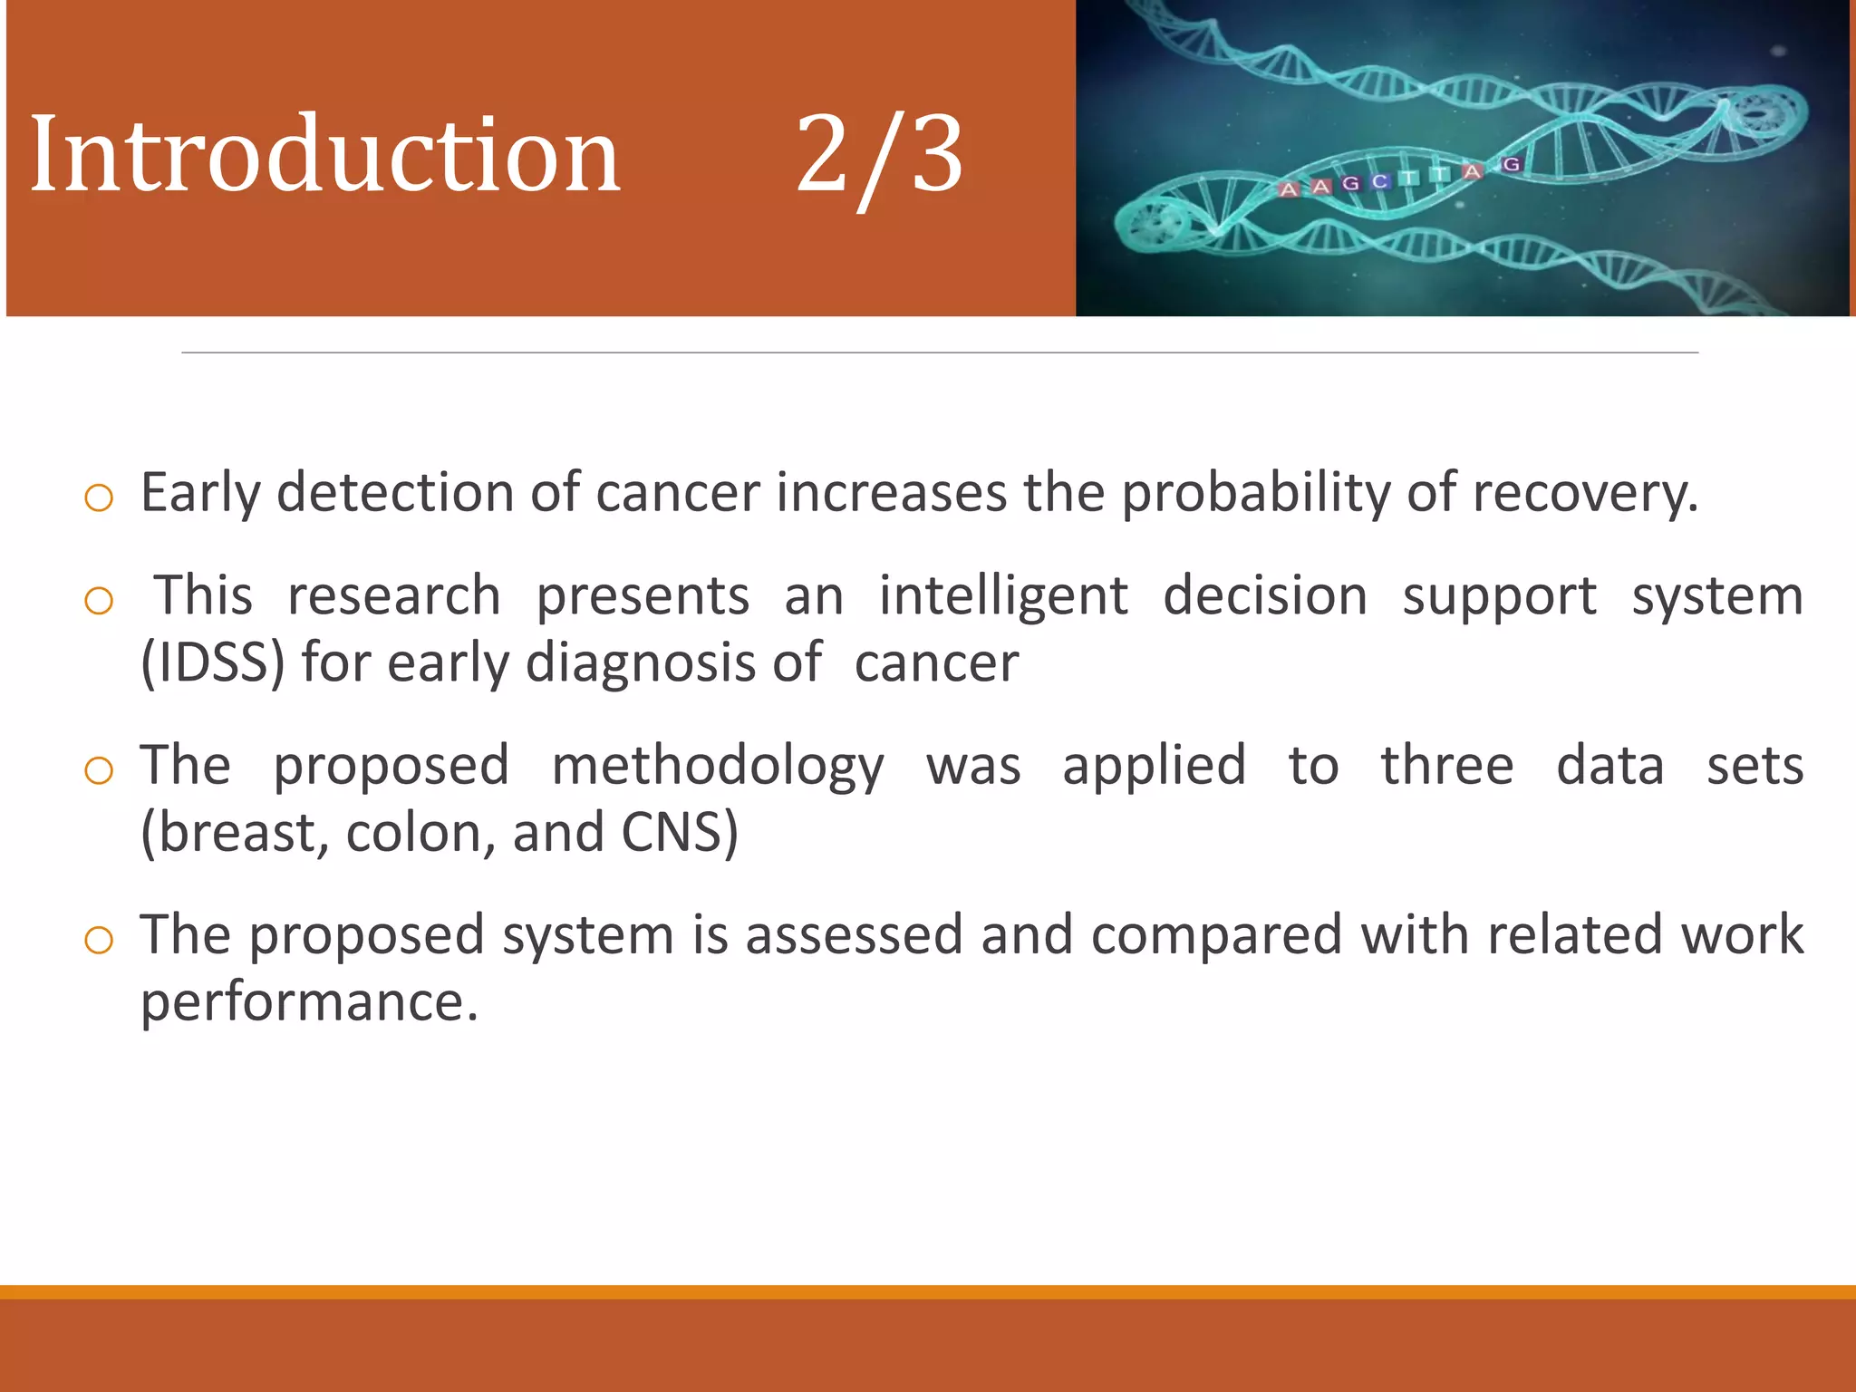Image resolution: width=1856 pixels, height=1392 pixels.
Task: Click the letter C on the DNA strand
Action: click(x=1380, y=182)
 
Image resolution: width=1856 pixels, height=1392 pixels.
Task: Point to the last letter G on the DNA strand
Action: click(x=1511, y=165)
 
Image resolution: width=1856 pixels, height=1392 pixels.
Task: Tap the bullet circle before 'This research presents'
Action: click(x=98, y=601)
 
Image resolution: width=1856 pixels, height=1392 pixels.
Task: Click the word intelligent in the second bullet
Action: click(x=1003, y=597)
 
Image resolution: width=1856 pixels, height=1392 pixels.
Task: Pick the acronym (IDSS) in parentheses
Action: click(x=213, y=663)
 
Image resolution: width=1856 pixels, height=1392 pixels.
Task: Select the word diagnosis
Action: click(x=640, y=663)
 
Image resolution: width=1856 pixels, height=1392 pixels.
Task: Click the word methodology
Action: click(x=717, y=767)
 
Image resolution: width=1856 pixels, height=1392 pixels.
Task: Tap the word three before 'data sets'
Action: click(x=1446, y=767)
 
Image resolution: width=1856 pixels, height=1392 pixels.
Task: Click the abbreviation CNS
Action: click(x=679, y=833)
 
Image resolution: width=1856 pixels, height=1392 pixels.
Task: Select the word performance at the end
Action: click(x=308, y=1002)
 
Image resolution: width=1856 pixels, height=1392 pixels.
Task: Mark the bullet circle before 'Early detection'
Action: click(x=98, y=498)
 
